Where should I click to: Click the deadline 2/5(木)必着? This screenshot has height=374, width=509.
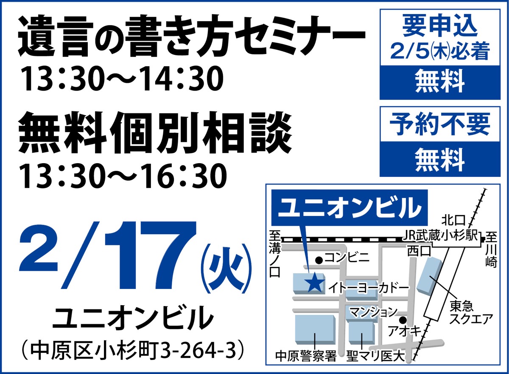(x=440, y=53)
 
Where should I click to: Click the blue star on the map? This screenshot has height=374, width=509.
(x=314, y=283)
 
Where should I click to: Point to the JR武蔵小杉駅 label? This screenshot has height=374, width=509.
(x=441, y=235)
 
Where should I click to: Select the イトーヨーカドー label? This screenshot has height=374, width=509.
(x=368, y=289)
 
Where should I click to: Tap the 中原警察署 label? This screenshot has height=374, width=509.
(x=306, y=355)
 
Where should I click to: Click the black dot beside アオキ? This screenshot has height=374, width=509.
(x=403, y=320)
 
